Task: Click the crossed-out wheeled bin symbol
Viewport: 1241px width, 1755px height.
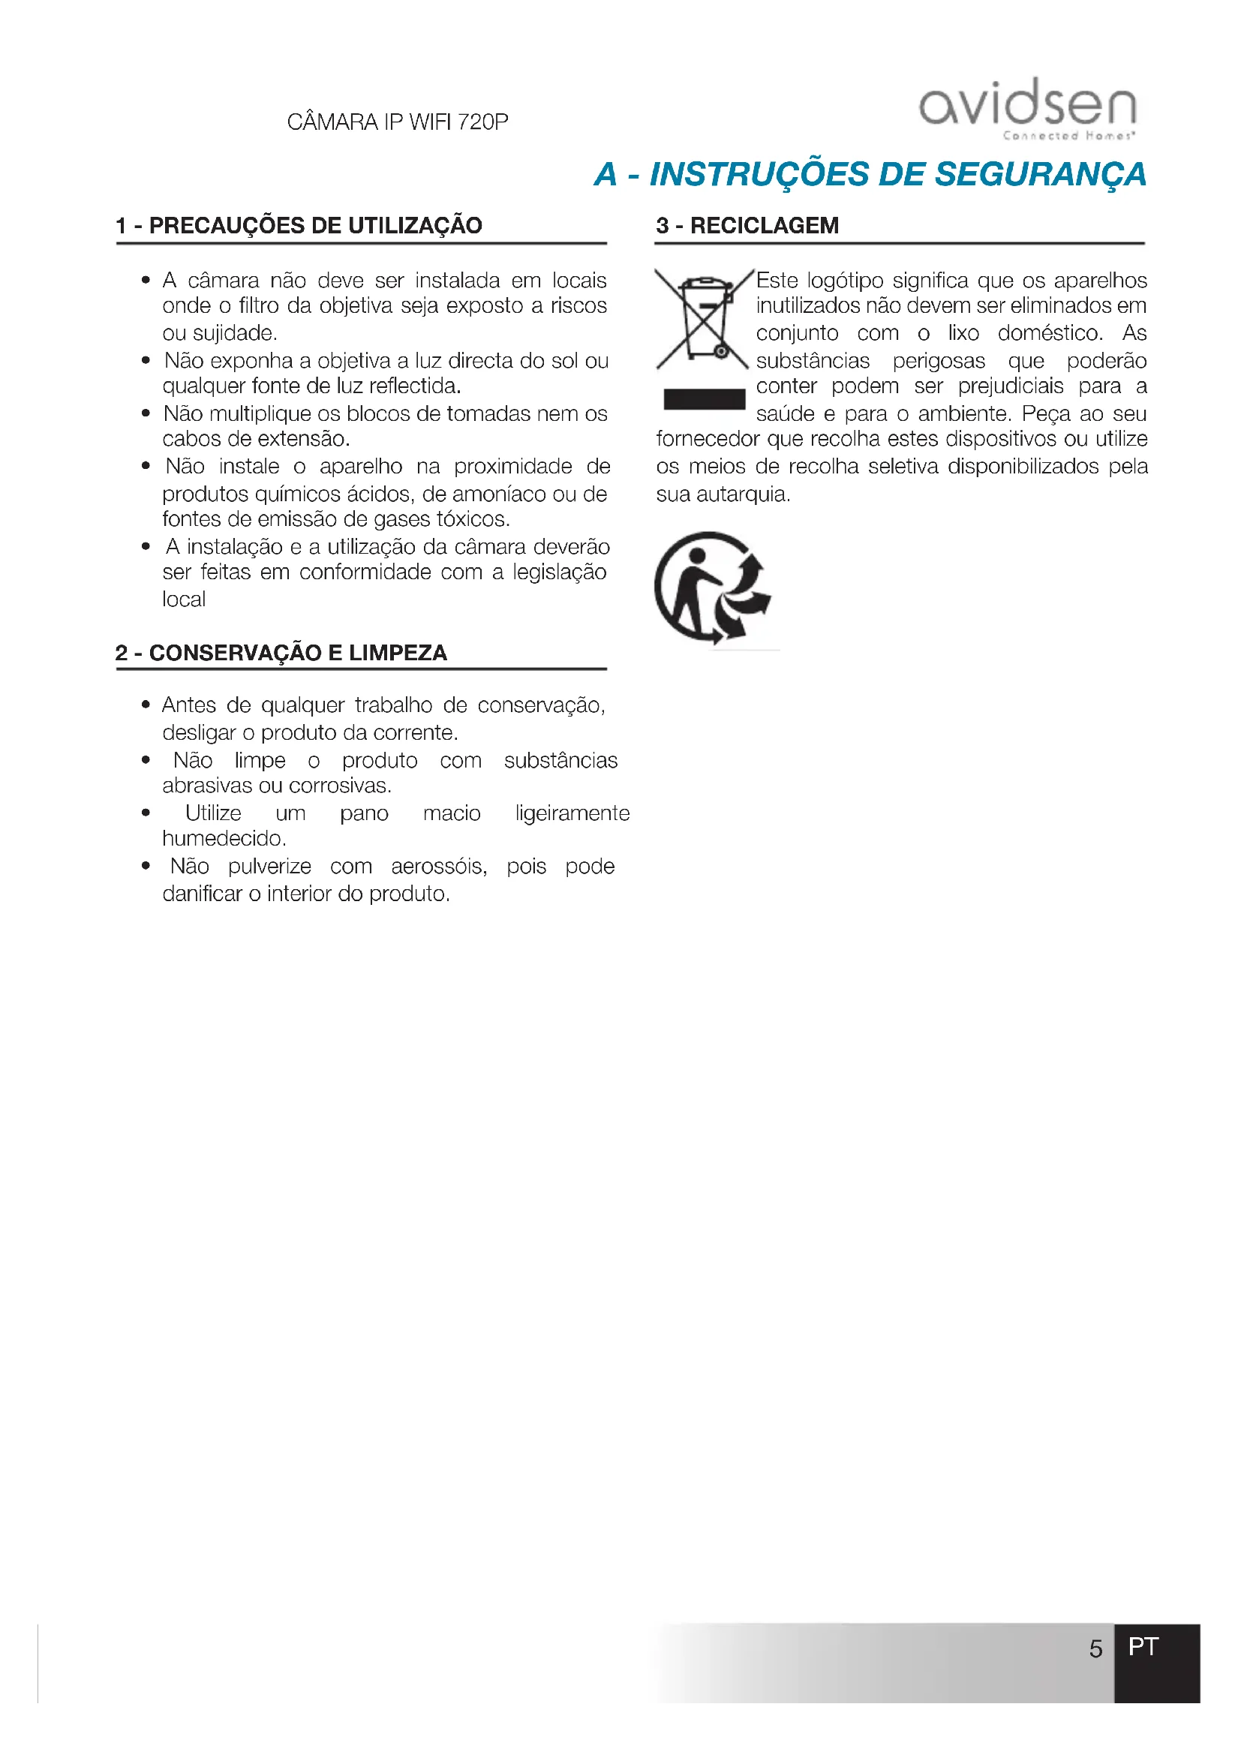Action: coord(703,319)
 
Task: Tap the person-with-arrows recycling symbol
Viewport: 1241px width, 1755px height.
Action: coord(712,587)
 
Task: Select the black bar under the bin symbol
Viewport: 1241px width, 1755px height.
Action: coord(704,399)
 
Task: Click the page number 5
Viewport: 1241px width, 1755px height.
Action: coord(1095,1648)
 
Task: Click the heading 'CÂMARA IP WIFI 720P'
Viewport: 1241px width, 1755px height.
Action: coord(398,122)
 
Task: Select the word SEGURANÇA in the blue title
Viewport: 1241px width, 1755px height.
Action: coord(1040,174)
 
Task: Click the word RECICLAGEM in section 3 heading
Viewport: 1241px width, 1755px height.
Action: coord(764,226)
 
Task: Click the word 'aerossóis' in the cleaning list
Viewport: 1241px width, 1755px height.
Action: coord(439,866)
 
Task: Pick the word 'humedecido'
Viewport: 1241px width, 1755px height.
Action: coord(223,839)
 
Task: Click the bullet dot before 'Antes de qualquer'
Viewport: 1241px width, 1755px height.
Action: coord(146,705)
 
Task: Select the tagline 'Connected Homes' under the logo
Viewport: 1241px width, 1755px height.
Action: coord(1068,136)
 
